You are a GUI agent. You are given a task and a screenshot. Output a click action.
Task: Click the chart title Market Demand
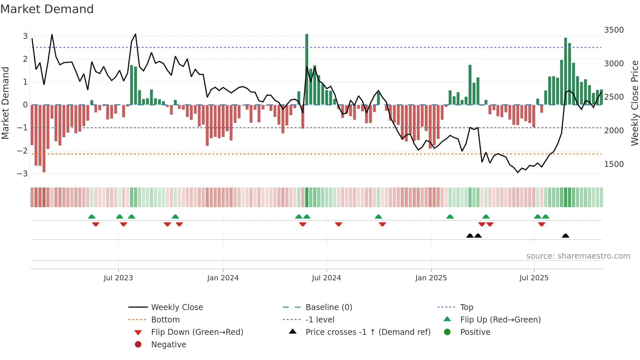pyautogui.click(x=47, y=9)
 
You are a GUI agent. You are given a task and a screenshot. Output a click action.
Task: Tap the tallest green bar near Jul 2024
pyautogui.click(x=307, y=69)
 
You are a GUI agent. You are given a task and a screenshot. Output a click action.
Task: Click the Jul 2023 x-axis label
pyautogui.click(x=118, y=278)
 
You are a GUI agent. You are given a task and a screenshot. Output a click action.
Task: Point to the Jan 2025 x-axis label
pyautogui.click(x=431, y=278)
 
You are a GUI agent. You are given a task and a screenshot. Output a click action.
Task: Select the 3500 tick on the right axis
pyautogui.click(x=614, y=30)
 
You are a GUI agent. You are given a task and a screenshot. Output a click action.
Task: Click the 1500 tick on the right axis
pyautogui.click(x=614, y=164)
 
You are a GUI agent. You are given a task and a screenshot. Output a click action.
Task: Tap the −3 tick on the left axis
pyautogui.click(x=23, y=173)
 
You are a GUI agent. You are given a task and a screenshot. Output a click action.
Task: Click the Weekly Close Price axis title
pyautogui.click(x=634, y=103)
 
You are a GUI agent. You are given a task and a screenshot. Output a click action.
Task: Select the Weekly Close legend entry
pyautogui.click(x=177, y=307)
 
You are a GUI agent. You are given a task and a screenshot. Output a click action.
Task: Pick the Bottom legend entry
pyautogui.click(x=165, y=319)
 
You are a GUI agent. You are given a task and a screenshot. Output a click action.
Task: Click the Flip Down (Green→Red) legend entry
pyautogui.click(x=197, y=332)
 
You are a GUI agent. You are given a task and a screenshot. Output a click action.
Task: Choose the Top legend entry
pyautogui.click(x=466, y=307)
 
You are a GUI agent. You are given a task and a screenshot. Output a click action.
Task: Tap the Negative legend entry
pyautogui.click(x=168, y=344)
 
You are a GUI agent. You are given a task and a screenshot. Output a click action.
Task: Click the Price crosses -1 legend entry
pyautogui.click(x=368, y=332)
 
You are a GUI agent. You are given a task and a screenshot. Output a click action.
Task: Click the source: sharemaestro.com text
pyautogui.click(x=578, y=256)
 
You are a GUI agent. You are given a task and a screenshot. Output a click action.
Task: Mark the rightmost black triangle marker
pyautogui.click(x=566, y=236)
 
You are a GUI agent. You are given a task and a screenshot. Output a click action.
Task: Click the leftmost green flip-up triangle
pyautogui.click(x=92, y=217)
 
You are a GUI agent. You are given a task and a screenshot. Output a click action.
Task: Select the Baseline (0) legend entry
pyautogui.click(x=328, y=307)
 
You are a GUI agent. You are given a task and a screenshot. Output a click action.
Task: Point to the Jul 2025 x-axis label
pyautogui.click(x=534, y=278)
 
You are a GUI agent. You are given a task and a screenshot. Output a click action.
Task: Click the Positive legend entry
pyautogui.click(x=475, y=332)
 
